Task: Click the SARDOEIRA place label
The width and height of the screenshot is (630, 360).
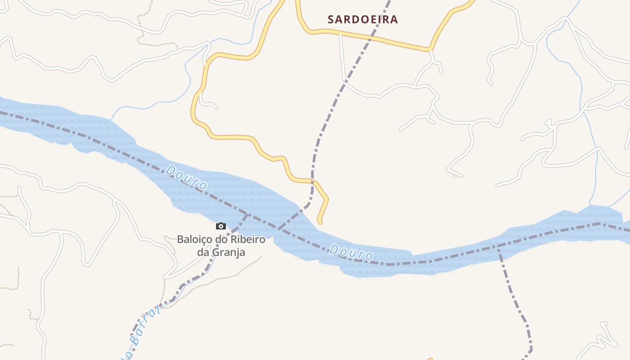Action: (363, 19)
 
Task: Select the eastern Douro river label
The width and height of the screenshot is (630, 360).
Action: (351, 252)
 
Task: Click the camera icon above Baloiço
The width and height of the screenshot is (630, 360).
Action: (220, 226)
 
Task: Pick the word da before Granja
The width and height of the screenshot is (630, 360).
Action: (203, 252)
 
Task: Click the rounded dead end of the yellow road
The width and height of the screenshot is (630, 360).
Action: (320, 221)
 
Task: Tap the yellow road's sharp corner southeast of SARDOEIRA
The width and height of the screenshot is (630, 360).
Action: (431, 49)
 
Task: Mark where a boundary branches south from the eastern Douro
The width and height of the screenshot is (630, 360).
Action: (498, 246)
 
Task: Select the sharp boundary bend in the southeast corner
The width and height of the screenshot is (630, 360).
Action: (531, 349)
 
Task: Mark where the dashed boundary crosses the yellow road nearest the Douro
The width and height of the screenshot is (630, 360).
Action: (312, 181)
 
